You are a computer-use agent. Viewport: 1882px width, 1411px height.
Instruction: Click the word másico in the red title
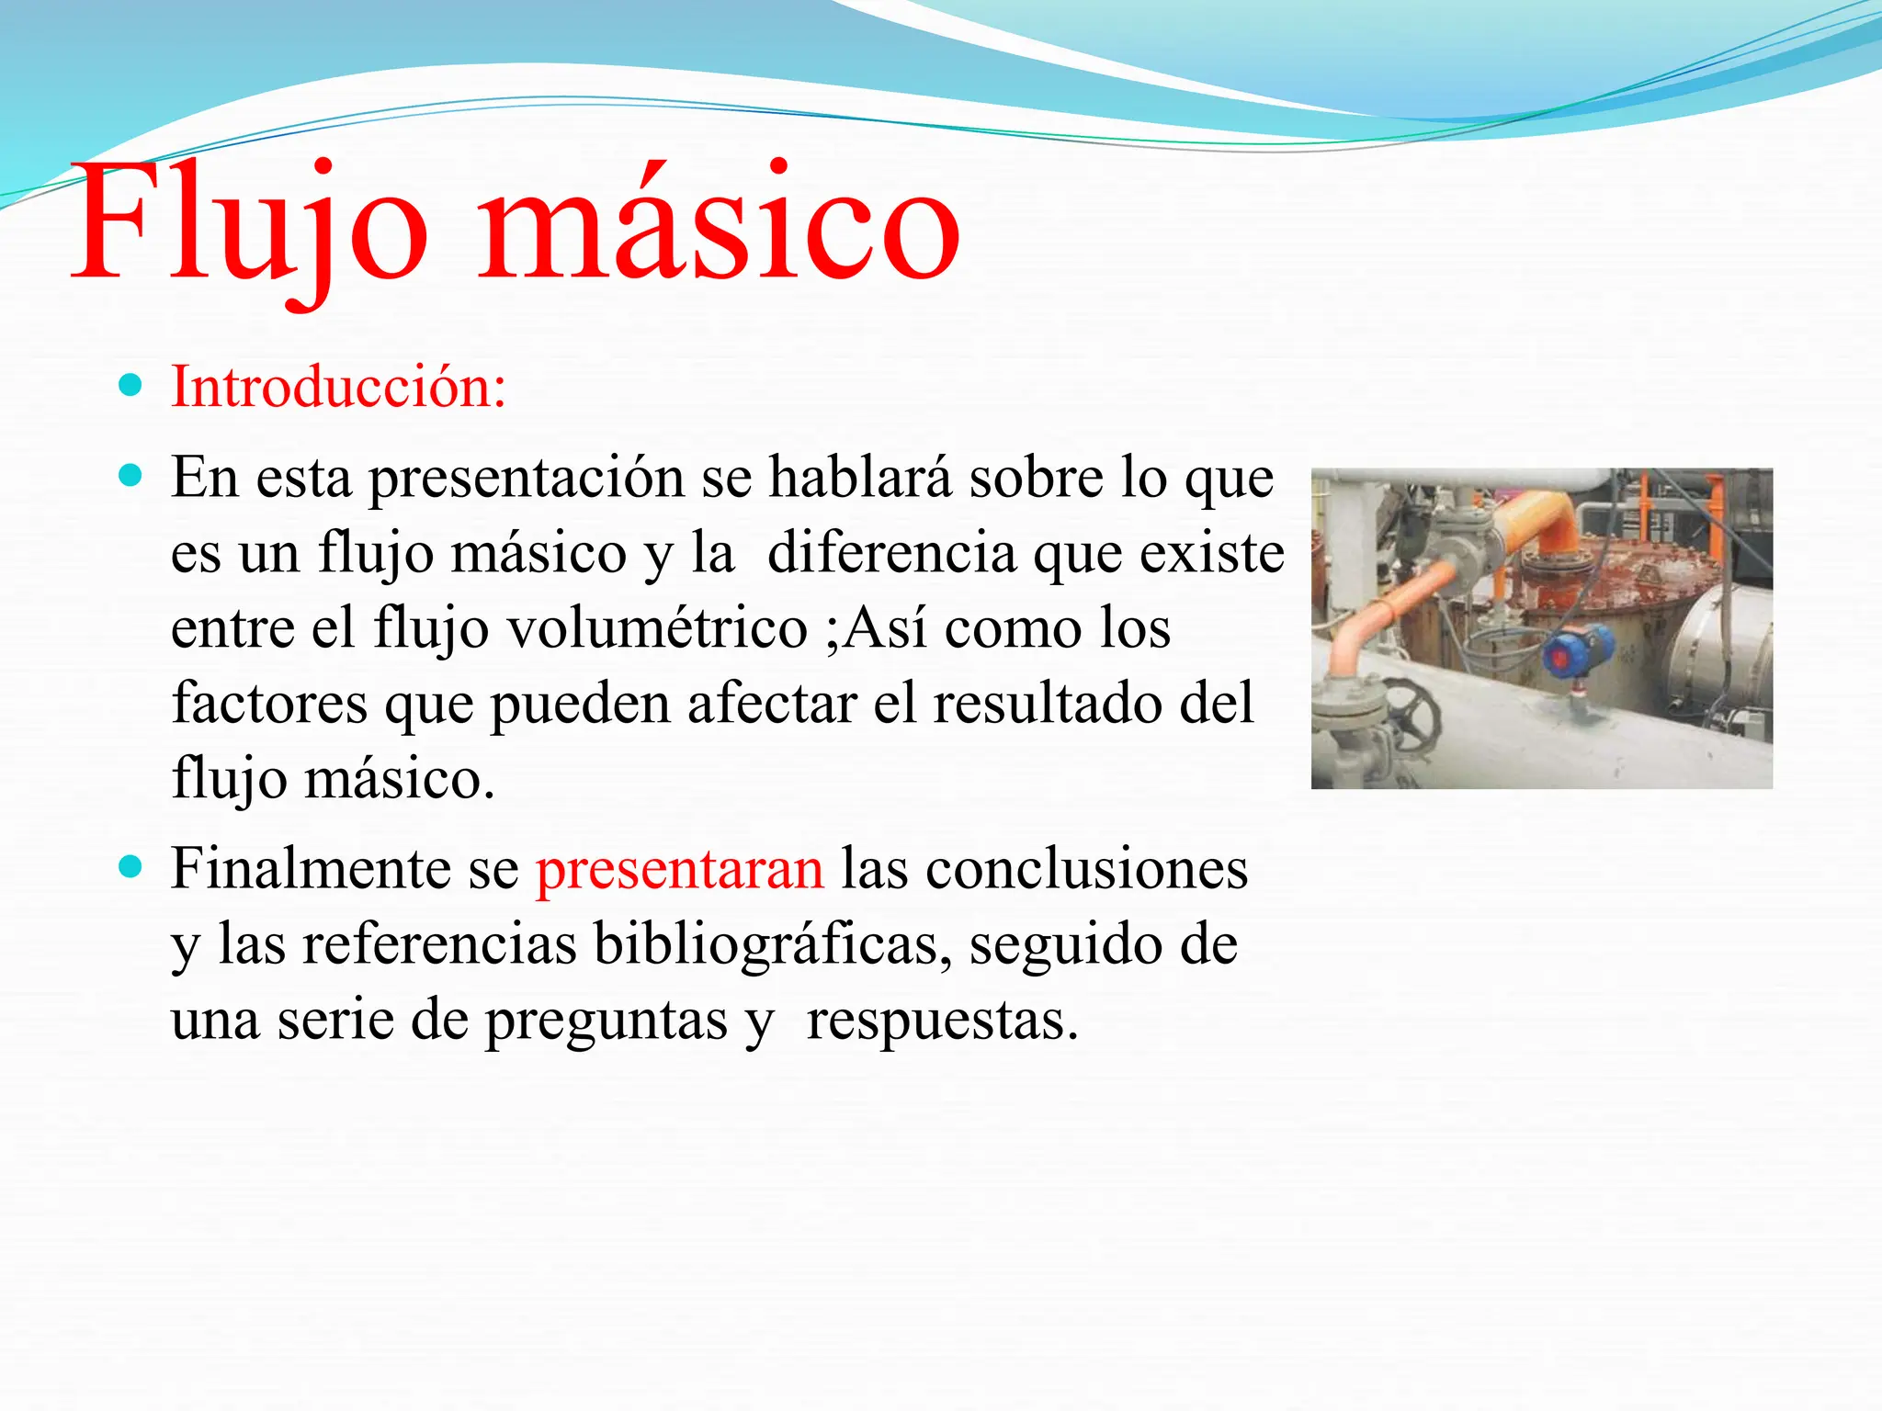(719, 225)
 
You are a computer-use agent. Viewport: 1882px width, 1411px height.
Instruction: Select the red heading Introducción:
(338, 388)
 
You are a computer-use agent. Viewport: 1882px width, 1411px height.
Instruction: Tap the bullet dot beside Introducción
(131, 385)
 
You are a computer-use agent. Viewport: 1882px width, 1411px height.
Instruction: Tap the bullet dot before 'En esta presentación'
(131, 475)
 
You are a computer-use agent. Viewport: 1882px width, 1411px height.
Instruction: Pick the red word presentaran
(680, 869)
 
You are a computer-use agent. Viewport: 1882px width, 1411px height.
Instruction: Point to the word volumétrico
(657, 628)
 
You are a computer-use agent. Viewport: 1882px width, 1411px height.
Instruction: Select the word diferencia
(891, 553)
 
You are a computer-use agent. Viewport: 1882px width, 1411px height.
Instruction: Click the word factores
(269, 704)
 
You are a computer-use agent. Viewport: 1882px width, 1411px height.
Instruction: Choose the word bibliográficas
(773, 944)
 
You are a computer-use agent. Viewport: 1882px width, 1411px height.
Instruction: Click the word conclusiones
(1086, 869)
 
